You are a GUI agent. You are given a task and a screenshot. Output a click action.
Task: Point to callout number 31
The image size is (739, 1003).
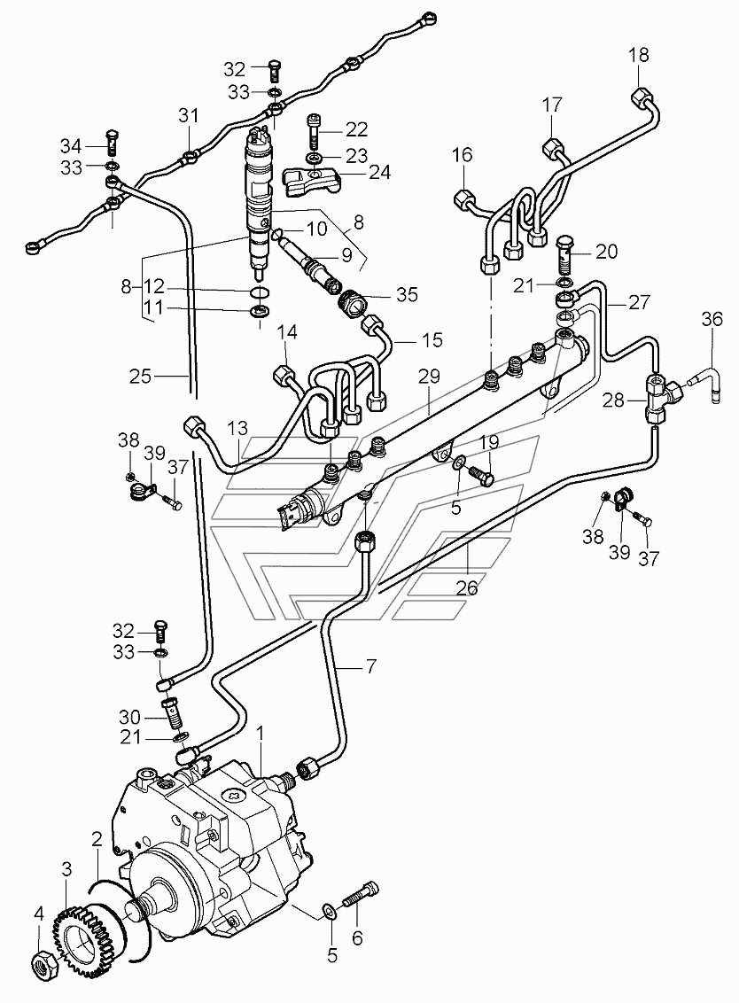point(188,116)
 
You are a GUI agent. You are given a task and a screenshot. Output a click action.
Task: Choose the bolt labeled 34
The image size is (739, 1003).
point(111,144)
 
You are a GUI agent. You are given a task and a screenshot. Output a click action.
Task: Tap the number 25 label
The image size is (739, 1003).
point(140,376)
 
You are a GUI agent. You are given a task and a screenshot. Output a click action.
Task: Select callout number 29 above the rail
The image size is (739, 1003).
point(430,377)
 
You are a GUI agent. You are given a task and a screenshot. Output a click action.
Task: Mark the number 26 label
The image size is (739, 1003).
point(467,587)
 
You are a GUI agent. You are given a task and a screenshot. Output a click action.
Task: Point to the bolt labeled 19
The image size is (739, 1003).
point(482,474)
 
